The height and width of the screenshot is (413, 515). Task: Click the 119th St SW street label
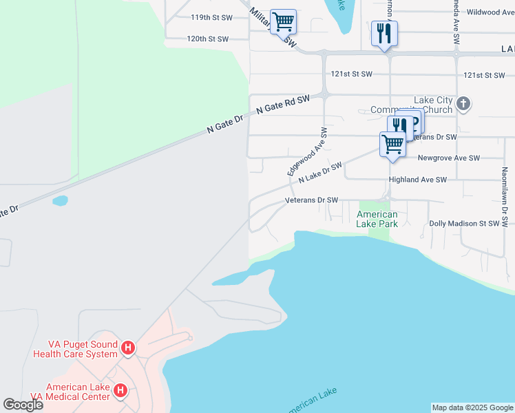210,17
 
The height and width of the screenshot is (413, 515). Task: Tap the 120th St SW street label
207,39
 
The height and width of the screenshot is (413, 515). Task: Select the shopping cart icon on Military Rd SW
283,21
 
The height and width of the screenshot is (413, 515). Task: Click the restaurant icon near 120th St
384,32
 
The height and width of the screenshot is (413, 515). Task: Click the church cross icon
463,105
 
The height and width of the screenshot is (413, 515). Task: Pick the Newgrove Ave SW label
448,158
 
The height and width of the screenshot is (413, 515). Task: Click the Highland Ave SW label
418,180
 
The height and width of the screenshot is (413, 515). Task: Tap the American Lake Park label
377,219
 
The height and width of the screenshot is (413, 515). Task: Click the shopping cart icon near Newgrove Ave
392,145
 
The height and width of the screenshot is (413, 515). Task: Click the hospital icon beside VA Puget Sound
127,349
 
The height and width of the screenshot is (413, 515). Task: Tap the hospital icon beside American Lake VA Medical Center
120,392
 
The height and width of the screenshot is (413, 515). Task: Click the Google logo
23,405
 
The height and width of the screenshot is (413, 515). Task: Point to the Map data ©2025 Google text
472,407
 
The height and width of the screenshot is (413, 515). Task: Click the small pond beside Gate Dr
60,201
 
